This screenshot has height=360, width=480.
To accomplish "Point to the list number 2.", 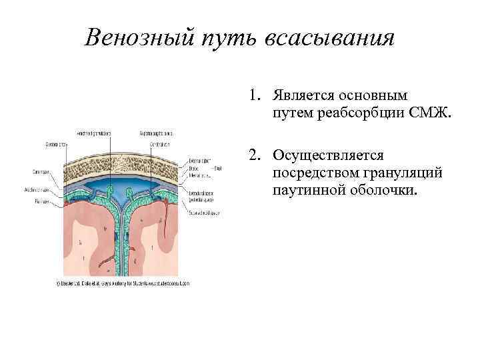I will click(255, 155).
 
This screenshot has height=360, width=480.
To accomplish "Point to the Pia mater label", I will click(52, 198).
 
